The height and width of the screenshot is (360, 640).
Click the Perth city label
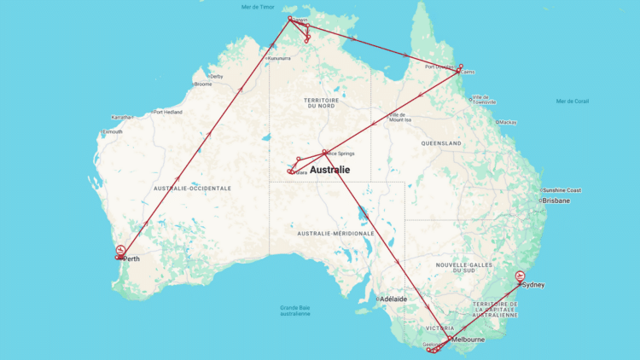[x=131, y=258]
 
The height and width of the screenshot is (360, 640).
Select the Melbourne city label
[x=468, y=340]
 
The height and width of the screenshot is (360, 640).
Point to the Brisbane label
[x=556, y=200]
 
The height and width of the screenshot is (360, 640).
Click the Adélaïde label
[x=393, y=299]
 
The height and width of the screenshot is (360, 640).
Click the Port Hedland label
[x=168, y=112]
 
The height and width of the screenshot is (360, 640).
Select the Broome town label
[x=202, y=84]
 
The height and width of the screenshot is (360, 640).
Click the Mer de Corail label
[x=572, y=101]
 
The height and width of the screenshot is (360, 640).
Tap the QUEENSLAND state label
[x=440, y=143]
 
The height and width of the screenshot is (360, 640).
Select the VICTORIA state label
[x=439, y=327]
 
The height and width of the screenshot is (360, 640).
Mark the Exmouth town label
[x=112, y=131]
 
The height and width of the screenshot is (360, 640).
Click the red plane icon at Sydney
[x=521, y=276]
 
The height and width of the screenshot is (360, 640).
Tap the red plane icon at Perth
[x=120, y=251]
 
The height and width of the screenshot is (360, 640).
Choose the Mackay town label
[x=508, y=122]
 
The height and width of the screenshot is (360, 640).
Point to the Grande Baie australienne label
[x=295, y=311]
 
